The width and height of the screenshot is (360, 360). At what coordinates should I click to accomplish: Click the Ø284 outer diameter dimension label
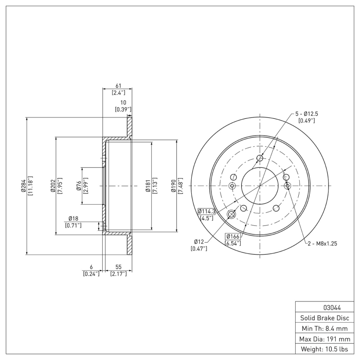point(23,185)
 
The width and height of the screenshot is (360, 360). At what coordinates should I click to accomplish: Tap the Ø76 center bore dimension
point(78,185)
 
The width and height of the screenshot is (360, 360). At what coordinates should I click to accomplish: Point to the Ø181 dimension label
point(148,185)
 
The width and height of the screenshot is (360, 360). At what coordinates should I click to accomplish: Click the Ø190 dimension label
point(174,185)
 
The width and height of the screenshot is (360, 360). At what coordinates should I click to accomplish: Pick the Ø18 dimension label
point(73,218)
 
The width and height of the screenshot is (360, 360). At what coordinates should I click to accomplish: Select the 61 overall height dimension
point(118,86)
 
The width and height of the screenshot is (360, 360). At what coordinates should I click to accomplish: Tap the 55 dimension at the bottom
point(118,267)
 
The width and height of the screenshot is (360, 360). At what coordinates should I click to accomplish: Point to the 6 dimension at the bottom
point(91,267)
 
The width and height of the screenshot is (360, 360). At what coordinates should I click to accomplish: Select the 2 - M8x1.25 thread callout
point(322,243)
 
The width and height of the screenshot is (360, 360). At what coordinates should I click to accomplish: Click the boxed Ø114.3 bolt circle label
point(207,211)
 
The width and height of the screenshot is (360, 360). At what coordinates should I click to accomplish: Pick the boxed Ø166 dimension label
point(233,237)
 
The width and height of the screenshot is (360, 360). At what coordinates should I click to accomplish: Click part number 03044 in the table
point(332,308)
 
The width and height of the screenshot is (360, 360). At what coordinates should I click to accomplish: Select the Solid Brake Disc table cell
point(324,318)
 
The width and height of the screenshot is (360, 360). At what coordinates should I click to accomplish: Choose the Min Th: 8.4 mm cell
point(324,328)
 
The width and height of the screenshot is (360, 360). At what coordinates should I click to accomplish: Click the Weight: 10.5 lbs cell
point(324,349)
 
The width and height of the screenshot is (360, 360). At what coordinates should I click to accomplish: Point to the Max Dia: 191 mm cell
point(324,338)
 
